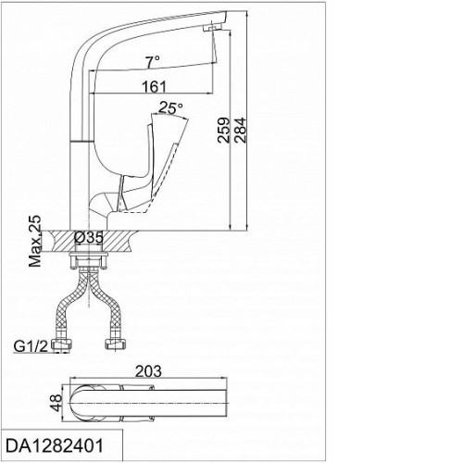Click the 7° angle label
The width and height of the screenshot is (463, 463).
(153, 62)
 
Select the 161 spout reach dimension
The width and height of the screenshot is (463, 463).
(154, 87)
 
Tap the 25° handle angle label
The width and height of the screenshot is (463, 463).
(170, 107)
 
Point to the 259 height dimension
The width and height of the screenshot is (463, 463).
(224, 130)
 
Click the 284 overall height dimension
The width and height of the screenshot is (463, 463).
(240, 130)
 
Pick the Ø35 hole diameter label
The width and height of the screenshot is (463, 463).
(89, 238)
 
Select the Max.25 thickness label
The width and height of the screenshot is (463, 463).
(34, 241)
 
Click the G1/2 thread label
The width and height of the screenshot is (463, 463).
(31, 346)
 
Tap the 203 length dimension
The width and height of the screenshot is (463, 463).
(148, 371)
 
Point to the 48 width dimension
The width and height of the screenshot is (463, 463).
(56, 403)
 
